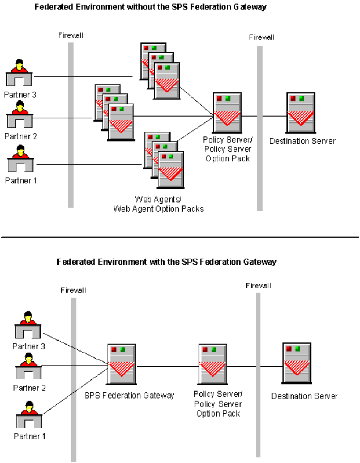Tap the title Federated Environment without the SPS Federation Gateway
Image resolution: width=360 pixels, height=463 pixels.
coord(151,7)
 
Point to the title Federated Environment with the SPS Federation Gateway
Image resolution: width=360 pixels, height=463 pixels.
coord(166,262)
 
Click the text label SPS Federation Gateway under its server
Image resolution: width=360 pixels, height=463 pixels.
coord(129,395)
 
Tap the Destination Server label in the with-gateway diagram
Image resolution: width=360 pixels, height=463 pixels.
coord(304,396)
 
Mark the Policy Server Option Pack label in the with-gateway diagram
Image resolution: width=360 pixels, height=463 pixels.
coord(218,404)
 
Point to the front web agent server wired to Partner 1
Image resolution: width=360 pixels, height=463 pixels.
coord(170,166)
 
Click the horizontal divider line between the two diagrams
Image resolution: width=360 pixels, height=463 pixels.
coord(180,237)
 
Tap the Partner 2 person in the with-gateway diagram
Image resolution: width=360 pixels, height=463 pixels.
coord(28,367)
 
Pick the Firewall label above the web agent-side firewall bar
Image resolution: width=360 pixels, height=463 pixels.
coord(71,36)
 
